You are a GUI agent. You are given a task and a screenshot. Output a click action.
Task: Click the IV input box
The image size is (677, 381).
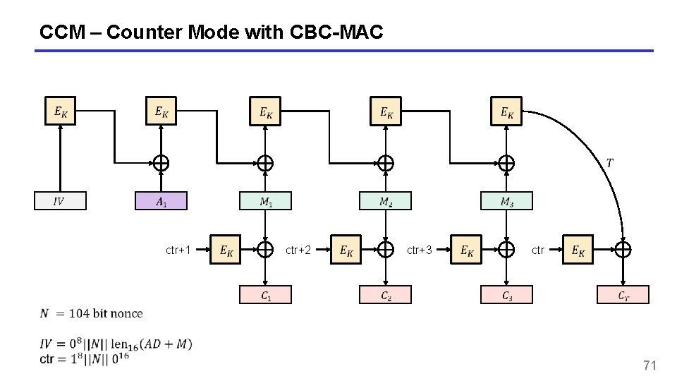[x=60, y=201]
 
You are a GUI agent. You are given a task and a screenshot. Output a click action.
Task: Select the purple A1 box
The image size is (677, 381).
[x=161, y=201]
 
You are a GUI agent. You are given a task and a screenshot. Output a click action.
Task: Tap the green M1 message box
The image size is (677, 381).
[x=265, y=201]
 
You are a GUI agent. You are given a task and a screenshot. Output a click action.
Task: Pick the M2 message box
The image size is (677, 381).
[x=385, y=201]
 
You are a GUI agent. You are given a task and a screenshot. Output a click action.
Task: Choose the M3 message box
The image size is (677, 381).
[x=506, y=201]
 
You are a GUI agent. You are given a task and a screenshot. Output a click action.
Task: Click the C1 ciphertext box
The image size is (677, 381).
[x=265, y=295]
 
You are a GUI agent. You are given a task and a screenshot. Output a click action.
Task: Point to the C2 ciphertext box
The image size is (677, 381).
[x=385, y=295]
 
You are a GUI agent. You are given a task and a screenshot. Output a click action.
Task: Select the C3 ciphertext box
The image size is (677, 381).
[x=506, y=295]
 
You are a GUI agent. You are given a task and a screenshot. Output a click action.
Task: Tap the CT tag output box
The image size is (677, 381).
[x=623, y=295]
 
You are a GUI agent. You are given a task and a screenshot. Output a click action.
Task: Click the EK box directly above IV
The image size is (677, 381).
[x=61, y=111]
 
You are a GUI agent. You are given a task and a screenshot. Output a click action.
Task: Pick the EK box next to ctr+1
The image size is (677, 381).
[x=226, y=250]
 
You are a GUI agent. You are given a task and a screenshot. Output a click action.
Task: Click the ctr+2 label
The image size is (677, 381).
[x=298, y=250]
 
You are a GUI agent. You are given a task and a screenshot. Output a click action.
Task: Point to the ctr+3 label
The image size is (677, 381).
[x=420, y=250]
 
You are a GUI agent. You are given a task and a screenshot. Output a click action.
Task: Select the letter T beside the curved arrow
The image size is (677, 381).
[x=609, y=164]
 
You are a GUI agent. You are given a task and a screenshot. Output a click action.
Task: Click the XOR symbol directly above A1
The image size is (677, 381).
[x=161, y=163]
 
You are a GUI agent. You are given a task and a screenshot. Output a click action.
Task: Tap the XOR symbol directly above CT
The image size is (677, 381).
[x=623, y=249]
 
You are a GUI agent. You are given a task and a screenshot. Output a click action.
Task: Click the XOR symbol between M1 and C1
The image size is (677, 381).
[x=265, y=249]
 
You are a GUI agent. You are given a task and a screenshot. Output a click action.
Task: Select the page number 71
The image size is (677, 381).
[x=649, y=365]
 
